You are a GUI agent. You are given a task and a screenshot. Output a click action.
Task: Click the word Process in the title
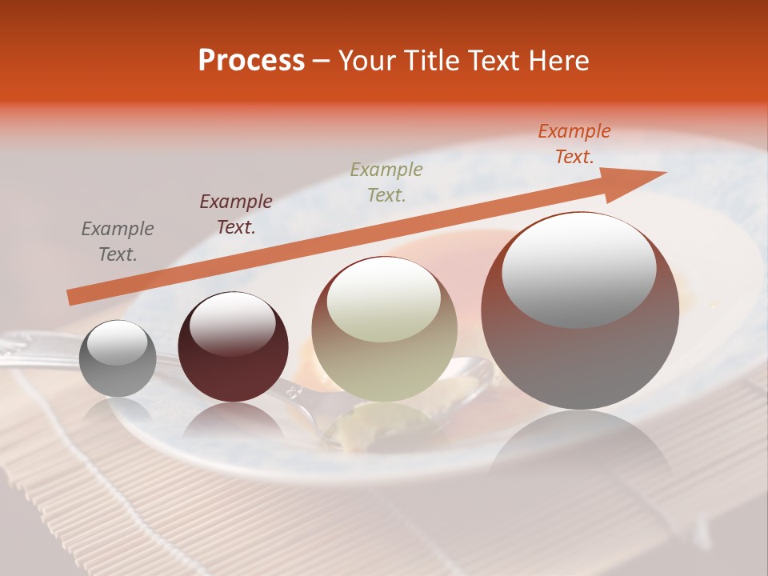tap(251, 61)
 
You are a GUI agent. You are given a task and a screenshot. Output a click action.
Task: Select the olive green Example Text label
tap(386, 182)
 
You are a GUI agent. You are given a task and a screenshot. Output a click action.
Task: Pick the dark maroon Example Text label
tap(235, 214)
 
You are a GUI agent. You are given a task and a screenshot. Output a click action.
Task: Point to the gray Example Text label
tap(117, 241)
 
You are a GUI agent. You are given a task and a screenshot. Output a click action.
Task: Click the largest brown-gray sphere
tap(580, 352)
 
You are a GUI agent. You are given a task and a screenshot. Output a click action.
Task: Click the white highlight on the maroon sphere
tap(232, 323)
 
